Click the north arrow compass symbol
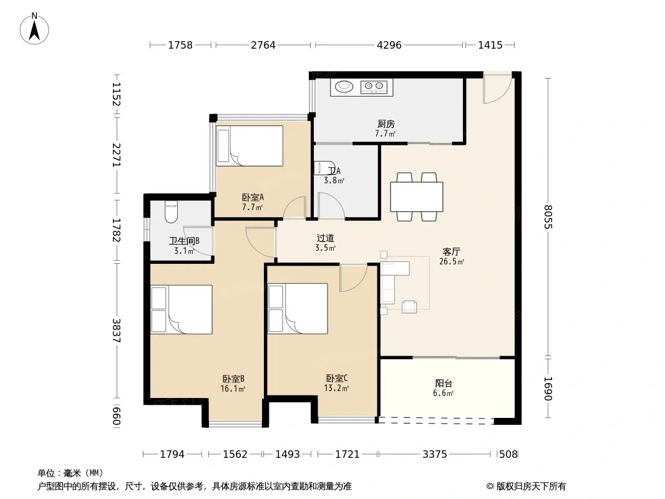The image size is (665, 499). point(34,29)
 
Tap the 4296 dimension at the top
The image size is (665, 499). point(389,45)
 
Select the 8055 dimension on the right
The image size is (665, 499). point(548,216)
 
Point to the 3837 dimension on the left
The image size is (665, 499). point(117,331)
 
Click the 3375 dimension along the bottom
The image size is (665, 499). point(435,454)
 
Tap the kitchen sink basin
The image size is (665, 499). point(344,87)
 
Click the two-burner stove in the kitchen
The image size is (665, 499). point(374,87)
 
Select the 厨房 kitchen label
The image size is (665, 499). point(386,124)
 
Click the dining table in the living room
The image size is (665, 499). point(417,196)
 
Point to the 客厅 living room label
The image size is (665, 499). point(451,252)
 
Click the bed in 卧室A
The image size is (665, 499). point(250,146)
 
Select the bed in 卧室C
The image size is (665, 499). point(298,308)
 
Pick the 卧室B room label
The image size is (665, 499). point(233,379)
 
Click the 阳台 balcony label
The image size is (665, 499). point(444,383)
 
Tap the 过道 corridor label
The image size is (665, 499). point(325,238)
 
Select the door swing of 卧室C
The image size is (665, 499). point(353,278)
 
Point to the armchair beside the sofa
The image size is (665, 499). point(409,306)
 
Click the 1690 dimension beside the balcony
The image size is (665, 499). point(548,389)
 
